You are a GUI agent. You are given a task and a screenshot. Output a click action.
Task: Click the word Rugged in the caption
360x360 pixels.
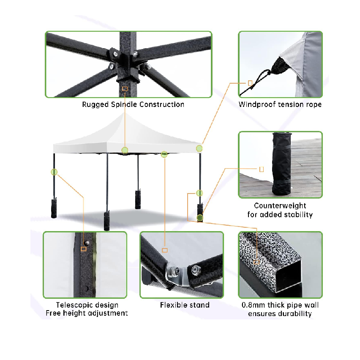pos(95,105)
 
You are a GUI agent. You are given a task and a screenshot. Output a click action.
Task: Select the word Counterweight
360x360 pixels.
pos(280,205)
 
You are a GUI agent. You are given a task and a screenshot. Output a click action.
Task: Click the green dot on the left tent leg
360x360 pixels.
pos(54,172)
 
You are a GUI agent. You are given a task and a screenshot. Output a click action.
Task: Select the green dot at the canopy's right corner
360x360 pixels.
pos(199,149)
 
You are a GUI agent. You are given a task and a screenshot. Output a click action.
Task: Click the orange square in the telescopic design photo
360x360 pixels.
pos(84,249)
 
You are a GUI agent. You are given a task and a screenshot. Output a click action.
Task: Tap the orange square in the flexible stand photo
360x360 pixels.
pos(165,250)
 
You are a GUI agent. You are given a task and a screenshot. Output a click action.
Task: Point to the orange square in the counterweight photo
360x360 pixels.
pos(262,169)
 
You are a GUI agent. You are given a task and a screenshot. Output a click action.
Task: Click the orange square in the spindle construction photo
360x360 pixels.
pos(125,89)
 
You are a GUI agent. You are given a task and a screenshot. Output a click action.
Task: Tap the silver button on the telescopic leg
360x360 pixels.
pos(87,243)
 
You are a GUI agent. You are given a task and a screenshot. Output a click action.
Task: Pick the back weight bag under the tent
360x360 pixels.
pos(138,199)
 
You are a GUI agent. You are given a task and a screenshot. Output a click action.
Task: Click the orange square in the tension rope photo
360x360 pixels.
pos(250,83)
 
